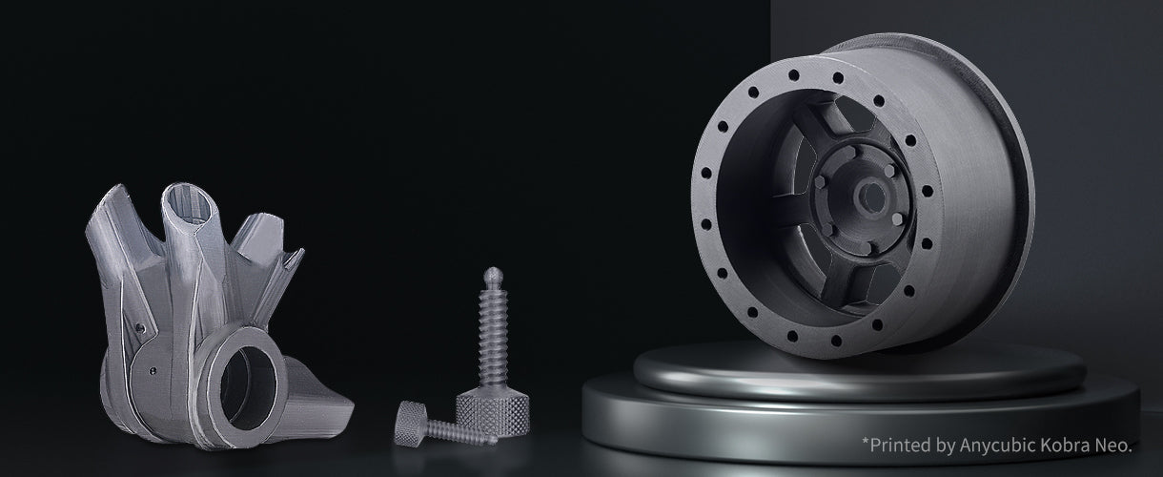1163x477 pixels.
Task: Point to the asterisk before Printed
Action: [x=866, y=442]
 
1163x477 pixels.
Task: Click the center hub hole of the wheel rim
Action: [x=871, y=197]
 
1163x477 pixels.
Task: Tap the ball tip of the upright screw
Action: [x=493, y=275]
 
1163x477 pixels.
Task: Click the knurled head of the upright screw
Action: [x=492, y=414]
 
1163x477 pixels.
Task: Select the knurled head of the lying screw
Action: [x=410, y=424]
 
